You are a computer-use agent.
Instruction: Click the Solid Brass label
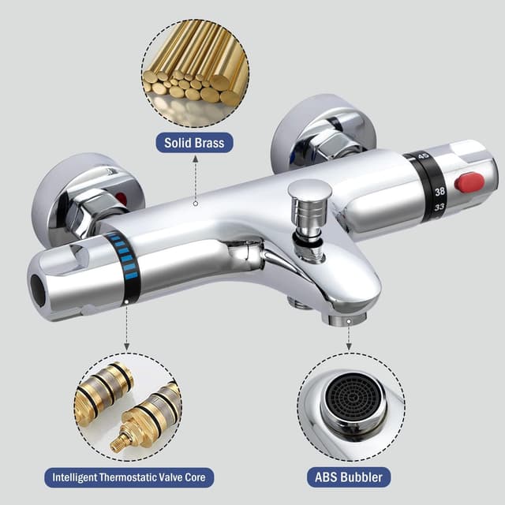[x=194, y=143]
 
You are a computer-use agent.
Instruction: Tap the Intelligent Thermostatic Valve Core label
[x=129, y=477]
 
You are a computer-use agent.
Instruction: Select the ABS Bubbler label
[x=349, y=477]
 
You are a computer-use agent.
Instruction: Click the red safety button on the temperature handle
[x=469, y=182]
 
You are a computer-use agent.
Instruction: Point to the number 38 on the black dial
[x=440, y=192]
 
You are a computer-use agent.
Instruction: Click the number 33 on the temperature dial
[x=439, y=207]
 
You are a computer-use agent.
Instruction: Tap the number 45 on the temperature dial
[x=424, y=157]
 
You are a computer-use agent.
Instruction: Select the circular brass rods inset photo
[x=195, y=73]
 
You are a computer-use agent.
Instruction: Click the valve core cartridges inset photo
[x=128, y=407]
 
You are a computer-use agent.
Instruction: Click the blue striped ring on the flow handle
[x=125, y=257]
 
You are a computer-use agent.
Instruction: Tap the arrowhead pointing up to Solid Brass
[x=195, y=158]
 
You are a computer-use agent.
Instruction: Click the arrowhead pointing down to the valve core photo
[x=127, y=346]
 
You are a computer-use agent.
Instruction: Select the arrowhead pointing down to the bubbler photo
[x=349, y=346]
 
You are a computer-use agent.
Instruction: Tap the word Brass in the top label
[x=208, y=143]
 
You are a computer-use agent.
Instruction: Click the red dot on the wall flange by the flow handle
[x=122, y=198]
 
